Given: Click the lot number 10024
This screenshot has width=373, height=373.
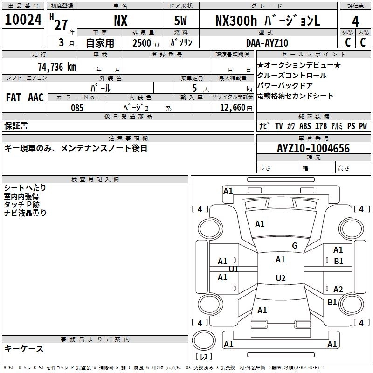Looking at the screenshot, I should click(23, 20).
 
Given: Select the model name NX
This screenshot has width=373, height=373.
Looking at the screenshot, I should click(120, 21).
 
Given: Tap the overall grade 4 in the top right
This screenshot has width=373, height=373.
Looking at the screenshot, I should click(355, 21).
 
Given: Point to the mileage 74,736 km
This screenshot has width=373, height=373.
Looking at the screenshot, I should click(56, 67).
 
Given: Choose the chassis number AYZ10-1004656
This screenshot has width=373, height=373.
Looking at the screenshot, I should click(313, 148).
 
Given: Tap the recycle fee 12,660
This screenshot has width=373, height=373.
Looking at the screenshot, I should click(231, 107).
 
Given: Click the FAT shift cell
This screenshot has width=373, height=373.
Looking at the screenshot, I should click(14, 97).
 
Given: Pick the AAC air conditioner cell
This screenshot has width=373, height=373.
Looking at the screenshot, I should click(36, 97).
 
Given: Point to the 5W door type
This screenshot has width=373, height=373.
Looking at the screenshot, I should click(181, 21).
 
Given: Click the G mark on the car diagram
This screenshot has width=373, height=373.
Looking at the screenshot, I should click(295, 246).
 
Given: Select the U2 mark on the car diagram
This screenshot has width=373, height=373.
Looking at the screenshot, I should click(280, 278).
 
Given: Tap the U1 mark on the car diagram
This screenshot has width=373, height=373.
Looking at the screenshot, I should click(234, 269).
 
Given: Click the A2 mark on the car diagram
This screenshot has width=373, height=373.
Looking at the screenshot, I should click(338, 289).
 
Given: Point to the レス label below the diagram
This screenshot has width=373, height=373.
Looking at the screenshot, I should click(204, 357).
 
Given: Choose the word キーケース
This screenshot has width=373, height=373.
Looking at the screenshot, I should click(24, 349).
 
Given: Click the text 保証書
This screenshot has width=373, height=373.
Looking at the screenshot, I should click(16, 125).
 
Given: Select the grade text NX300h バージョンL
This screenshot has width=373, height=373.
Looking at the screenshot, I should click(268, 21).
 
